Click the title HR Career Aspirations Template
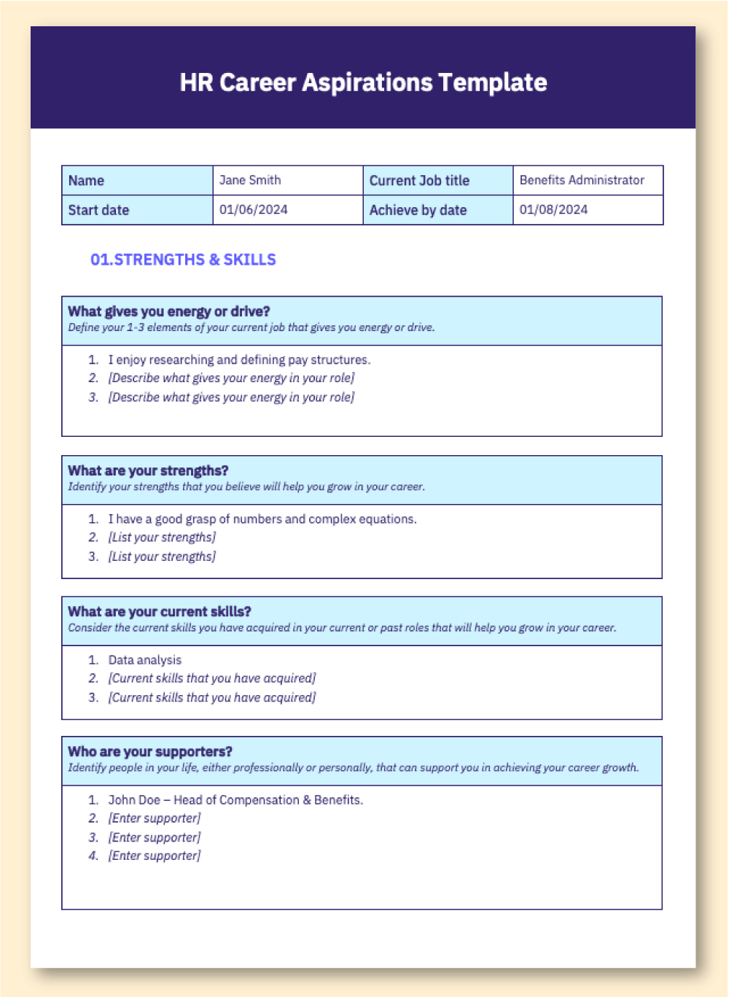coord(363,82)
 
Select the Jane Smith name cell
coord(250,180)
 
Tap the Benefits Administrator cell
coord(582,180)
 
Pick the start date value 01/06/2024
coord(254,210)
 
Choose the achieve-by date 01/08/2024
coord(553,210)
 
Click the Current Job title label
coord(419,181)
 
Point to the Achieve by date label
coord(418,210)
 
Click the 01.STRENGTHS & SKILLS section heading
coord(183,260)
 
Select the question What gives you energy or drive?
coord(169,311)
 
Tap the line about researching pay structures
coord(239,360)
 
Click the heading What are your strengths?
coord(148,470)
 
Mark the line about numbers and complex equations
coord(262,519)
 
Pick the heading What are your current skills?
coord(160,611)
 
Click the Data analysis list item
coord(145,660)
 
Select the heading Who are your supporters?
coord(150,751)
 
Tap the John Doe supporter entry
coord(235,800)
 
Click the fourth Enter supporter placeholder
coord(155,856)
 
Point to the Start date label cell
coord(98,210)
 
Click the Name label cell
coord(86,181)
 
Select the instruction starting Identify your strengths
coord(246,486)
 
